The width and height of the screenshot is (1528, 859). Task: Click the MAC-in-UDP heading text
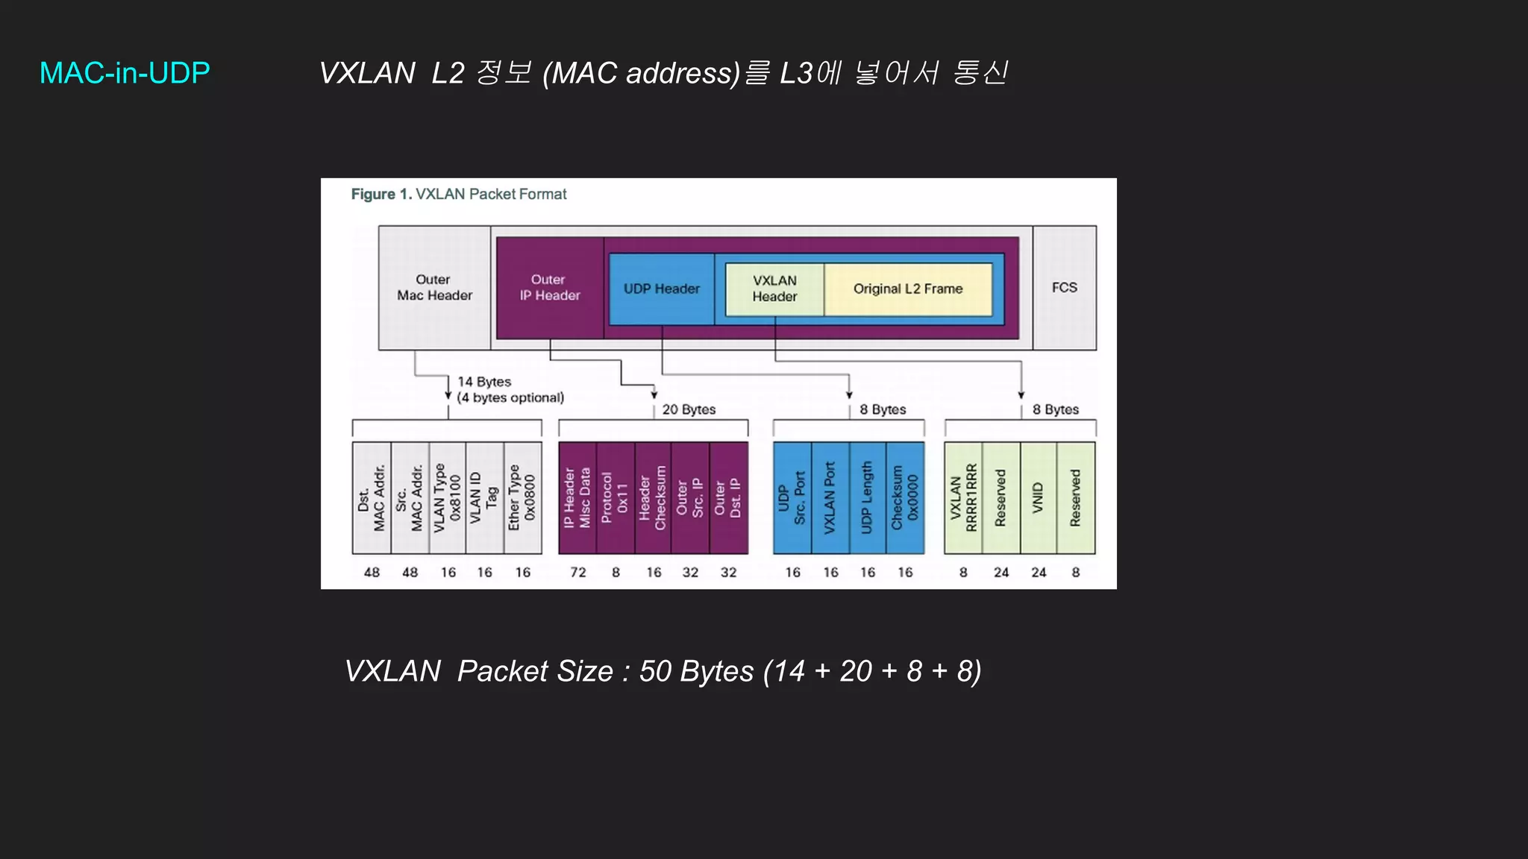[125, 73]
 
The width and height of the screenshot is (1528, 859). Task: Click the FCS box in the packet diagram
[1064, 288]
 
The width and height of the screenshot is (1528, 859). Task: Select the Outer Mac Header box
[434, 288]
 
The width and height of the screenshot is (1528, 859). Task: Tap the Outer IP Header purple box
[550, 288]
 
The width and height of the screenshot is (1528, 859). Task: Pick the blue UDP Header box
[661, 289]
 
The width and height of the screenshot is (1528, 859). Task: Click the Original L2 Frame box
[908, 289]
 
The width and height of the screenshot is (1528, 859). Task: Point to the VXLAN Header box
[774, 289]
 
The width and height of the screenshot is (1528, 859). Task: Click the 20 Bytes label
[689, 409]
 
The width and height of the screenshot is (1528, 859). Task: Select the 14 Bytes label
[484, 382]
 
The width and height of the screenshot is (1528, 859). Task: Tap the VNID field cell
[1038, 497]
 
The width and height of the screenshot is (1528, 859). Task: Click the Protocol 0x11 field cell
[616, 497]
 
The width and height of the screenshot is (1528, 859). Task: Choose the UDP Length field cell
[867, 497]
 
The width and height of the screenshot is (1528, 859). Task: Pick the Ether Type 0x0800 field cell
[522, 497]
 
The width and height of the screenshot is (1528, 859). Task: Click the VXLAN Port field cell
[830, 497]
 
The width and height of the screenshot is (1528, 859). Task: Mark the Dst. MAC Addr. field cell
[372, 497]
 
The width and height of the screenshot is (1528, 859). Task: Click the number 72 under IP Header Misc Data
[578, 572]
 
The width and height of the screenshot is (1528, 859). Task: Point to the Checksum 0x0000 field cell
[905, 497]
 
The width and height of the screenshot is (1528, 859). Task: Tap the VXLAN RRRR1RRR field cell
[963, 497]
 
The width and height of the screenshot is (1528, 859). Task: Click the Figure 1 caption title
[459, 195]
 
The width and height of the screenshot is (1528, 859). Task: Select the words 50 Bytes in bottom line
[696, 671]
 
